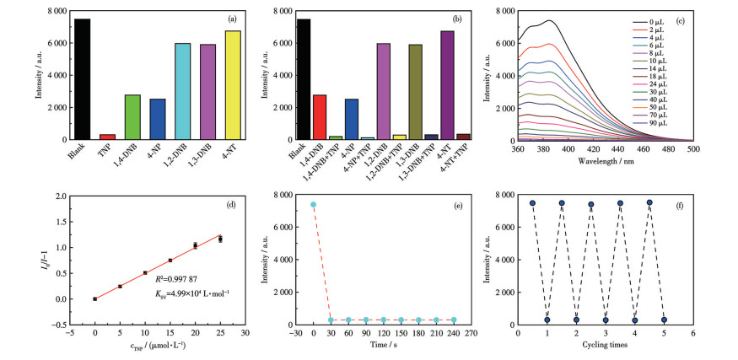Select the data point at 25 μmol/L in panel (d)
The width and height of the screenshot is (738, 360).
point(221,239)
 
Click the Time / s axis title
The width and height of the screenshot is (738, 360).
point(381,346)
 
